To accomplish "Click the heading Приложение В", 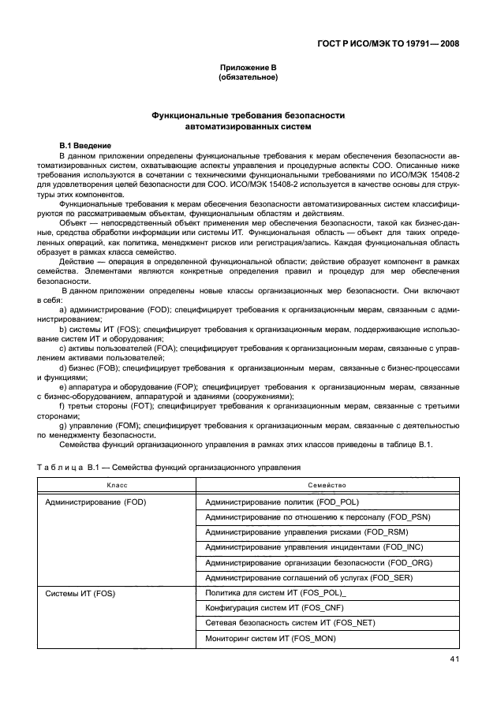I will [x=248, y=69].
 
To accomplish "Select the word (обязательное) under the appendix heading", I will [x=248, y=78].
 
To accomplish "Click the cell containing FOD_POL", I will [x=283, y=502].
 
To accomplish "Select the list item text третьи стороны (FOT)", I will [x=107, y=406].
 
